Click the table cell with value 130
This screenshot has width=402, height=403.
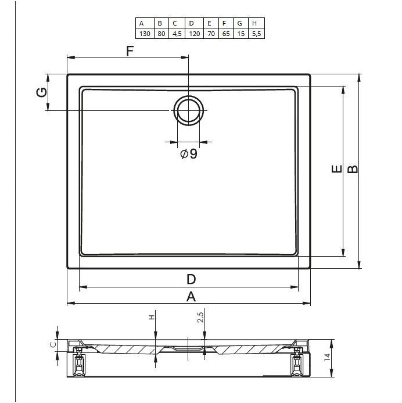point(145,34)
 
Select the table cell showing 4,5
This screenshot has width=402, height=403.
point(177,34)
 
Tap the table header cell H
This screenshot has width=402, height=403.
point(256,23)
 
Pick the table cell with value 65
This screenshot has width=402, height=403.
point(226,34)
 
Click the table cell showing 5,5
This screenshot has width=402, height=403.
point(256,34)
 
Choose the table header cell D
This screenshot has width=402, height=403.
point(194,23)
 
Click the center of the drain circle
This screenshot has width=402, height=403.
point(189,110)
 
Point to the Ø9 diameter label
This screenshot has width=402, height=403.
point(189,154)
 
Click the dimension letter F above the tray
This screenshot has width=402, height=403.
point(130,51)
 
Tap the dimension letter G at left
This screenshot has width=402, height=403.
point(42,92)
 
